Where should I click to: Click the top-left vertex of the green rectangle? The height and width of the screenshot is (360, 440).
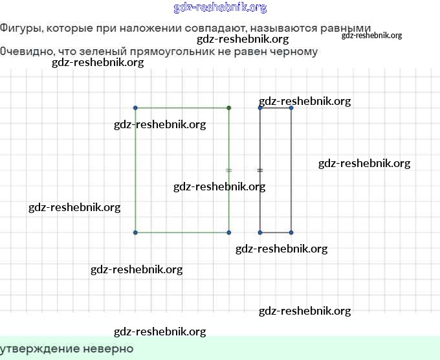pyautogui.click(x=135, y=107)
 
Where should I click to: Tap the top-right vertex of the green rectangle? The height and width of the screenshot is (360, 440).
pyautogui.click(x=229, y=107)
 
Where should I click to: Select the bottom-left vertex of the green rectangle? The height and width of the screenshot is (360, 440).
pyautogui.click(x=135, y=232)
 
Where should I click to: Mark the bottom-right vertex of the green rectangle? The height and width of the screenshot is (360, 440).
pyautogui.click(x=229, y=232)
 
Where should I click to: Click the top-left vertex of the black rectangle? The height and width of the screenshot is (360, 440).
pyautogui.click(x=260, y=107)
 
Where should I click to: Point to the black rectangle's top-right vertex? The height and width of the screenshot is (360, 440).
pyautogui.click(x=291, y=107)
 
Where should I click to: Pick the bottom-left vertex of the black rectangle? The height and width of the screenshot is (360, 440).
pyautogui.click(x=260, y=232)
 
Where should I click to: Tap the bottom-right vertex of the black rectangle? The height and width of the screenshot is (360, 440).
pyautogui.click(x=291, y=232)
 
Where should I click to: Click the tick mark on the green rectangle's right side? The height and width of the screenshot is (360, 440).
pyautogui.click(x=228, y=170)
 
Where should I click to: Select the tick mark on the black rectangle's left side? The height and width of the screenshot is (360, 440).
pyautogui.click(x=260, y=170)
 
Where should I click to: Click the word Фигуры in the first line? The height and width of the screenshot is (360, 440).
pyautogui.click(x=19, y=28)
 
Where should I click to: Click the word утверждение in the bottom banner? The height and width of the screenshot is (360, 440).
pyautogui.click(x=39, y=349)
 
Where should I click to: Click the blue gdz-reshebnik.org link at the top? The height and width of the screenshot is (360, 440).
pyautogui.click(x=220, y=8)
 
